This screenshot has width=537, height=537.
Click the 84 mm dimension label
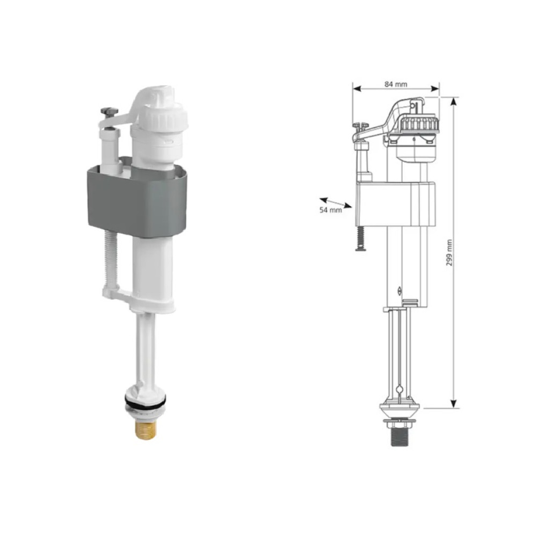pyautogui.click(x=396, y=84)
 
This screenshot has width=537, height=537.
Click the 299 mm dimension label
pyautogui.click(x=449, y=253)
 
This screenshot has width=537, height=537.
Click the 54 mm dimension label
pyautogui.click(x=330, y=210)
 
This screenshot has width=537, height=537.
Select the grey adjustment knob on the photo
pyautogui.click(x=109, y=111)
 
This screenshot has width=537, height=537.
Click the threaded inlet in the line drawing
pyautogui.click(x=398, y=437)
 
